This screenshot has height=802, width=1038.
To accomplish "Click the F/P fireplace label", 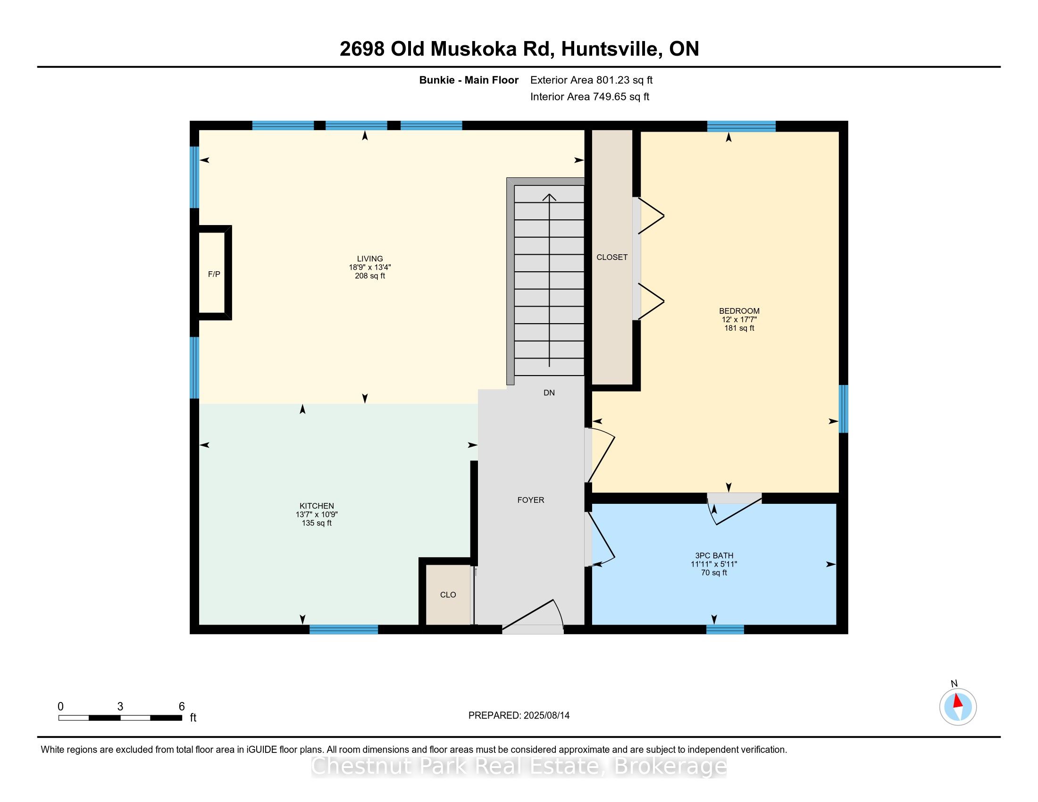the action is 214,274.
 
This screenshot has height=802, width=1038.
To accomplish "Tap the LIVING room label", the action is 370,259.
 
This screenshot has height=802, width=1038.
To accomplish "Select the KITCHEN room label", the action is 317,506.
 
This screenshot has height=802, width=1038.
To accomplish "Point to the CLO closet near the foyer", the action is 448,595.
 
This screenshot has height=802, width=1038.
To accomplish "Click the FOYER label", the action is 531,500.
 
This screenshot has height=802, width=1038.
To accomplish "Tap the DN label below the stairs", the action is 549,393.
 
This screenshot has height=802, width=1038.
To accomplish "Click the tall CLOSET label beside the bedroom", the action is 612,257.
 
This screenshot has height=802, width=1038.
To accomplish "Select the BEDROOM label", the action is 739,311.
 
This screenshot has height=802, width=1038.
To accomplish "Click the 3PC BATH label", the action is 714,555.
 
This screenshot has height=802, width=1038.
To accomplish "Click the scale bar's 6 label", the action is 182,707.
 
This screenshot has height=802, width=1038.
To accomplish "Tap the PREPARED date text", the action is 519,715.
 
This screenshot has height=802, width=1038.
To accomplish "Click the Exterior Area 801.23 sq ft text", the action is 591,80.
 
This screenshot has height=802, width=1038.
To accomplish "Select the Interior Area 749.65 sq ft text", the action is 589,97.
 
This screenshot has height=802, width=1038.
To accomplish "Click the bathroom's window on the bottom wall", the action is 725,629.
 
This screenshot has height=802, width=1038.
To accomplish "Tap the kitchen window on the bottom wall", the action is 343,629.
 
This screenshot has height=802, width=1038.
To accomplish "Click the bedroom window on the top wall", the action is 741,126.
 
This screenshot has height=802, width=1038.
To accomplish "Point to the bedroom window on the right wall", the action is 843,409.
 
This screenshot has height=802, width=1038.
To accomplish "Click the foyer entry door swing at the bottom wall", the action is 533,617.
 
